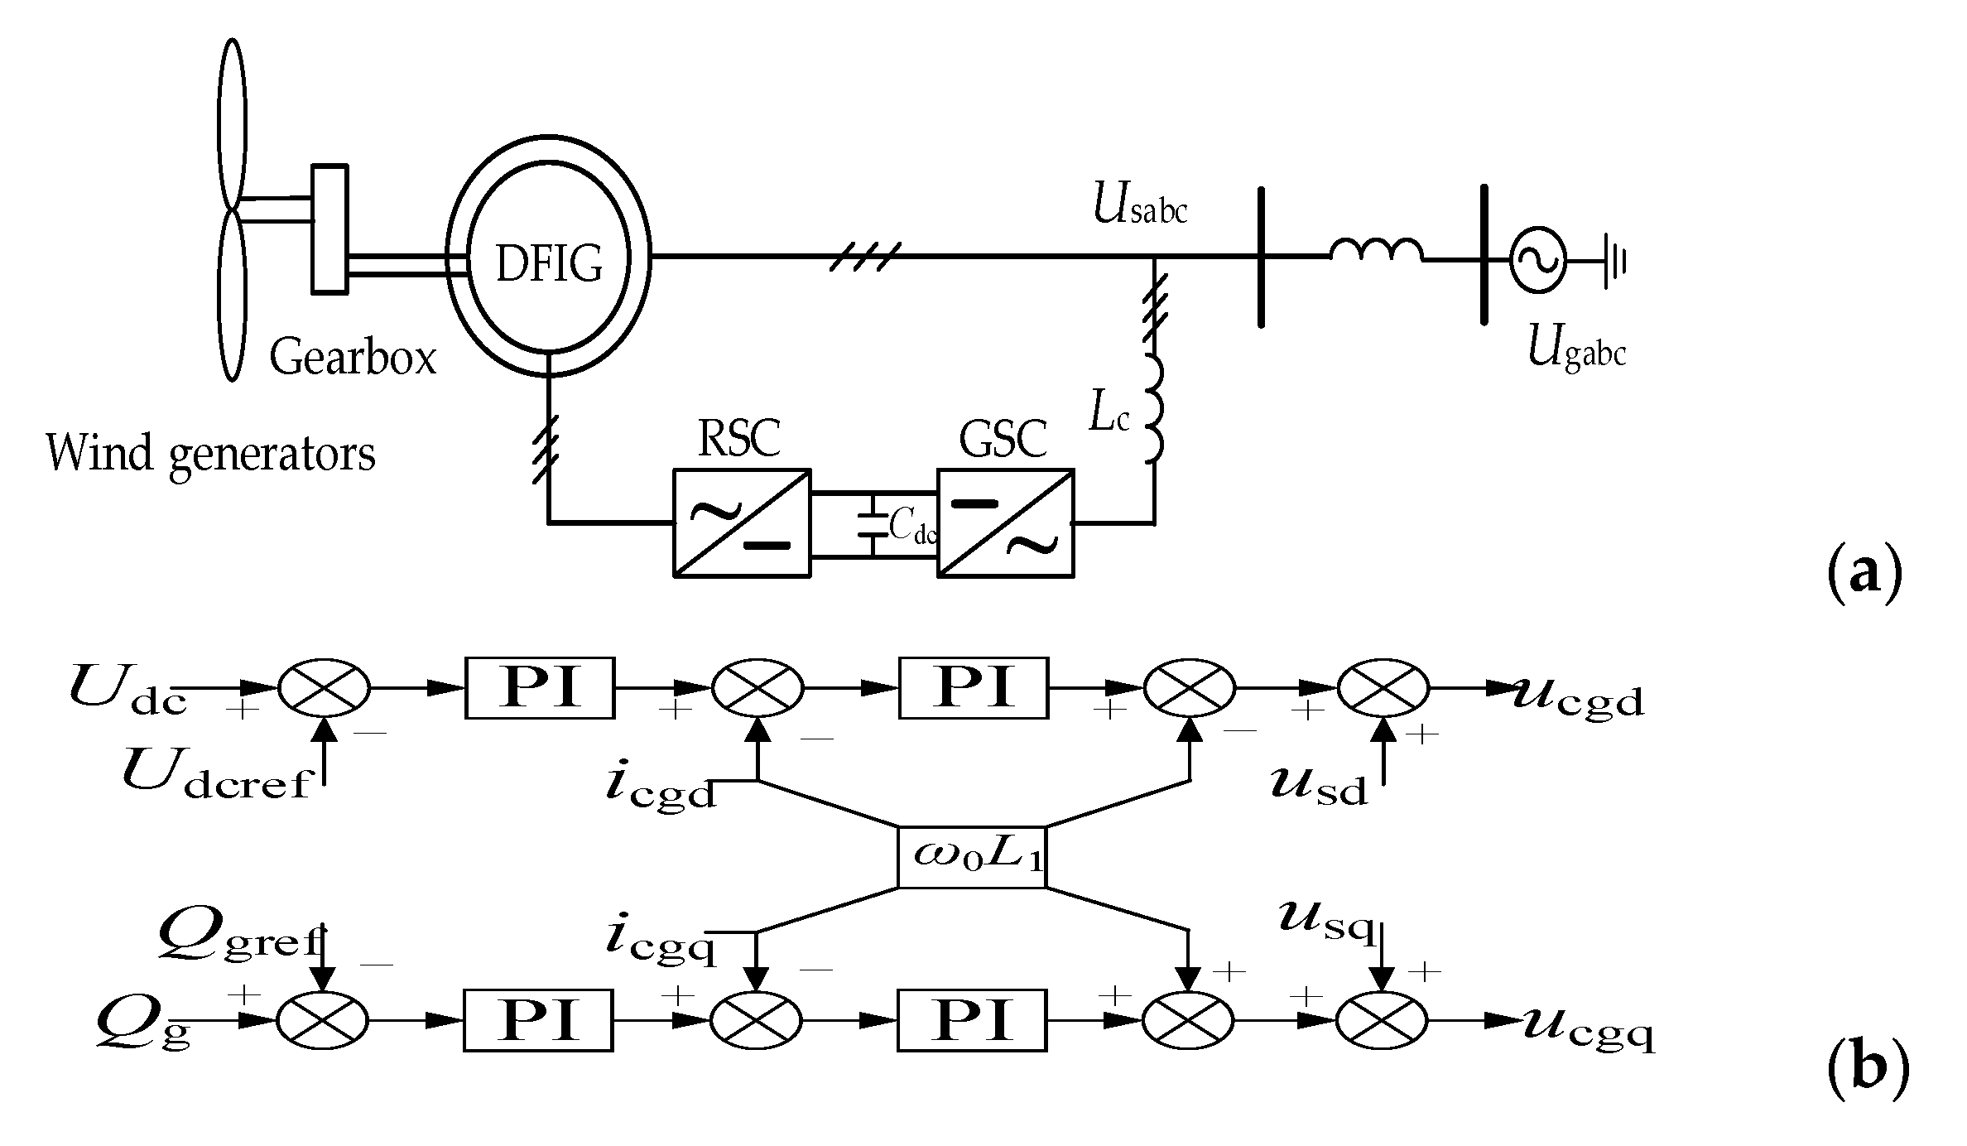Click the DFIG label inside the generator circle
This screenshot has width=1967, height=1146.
[x=549, y=263]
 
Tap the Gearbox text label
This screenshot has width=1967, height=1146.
[x=353, y=359]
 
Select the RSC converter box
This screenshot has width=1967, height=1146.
[x=742, y=522]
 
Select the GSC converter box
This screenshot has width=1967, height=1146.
[x=1006, y=522]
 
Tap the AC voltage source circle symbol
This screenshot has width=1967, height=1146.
[x=1537, y=260]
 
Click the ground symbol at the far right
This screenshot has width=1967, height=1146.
[x=1614, y=261]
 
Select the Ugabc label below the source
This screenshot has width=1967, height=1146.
[x=1576, y=350]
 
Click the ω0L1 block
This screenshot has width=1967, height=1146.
[x=973, y=856]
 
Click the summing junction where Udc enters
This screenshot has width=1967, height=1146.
[x=324, y=688]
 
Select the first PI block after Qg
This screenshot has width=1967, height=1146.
[x=538, y=1020]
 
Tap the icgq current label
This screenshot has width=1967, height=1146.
[x=660, y=941]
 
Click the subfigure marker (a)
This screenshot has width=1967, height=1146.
[x=1864, y=573]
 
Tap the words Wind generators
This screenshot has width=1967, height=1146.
[x=211, y=453]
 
